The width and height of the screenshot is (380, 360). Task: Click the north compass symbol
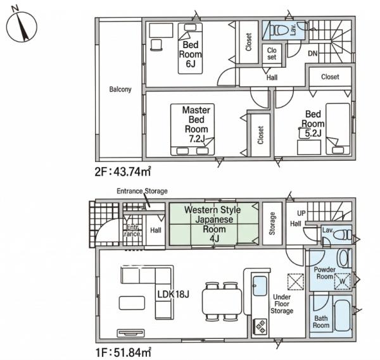(x=22, y=26)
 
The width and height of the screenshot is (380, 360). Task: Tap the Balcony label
(x=120, y=89)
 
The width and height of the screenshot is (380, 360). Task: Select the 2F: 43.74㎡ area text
(x=123, y=171)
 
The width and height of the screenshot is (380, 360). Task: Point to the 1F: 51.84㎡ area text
(x=123, y=352)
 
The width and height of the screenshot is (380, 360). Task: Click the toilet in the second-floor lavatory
(x=279, y=30)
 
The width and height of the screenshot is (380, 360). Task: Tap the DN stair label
(x=313, y=53)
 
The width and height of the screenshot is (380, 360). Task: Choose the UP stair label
(x=301, y=213)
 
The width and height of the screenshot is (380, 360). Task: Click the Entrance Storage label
(x=142, y=191)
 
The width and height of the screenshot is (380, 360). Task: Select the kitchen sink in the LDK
(x=260, y=286)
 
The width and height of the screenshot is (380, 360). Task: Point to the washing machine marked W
(x=342, y=282)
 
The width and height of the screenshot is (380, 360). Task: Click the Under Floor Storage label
(x=282, y=304)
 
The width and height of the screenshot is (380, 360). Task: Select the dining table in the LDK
(x=222, y=301)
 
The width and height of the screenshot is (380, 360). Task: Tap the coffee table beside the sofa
(x=132, y=303)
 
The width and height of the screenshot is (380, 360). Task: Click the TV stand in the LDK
(x=131, y=333)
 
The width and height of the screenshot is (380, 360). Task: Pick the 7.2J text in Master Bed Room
(x=197, y=139)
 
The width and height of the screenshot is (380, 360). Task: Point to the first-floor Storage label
(x=272, y=223)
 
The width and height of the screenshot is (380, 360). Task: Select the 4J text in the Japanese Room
(x=214, y=239)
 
